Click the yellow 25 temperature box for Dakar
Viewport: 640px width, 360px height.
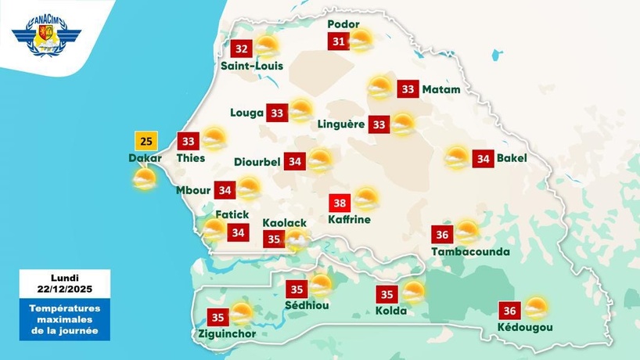click(146, 142)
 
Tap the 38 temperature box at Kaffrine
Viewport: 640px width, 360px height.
click(340, 202)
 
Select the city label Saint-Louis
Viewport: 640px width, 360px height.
click(251, 66)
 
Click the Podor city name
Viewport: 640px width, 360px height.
click(343, 24)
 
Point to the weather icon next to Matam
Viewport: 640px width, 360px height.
click(380, 88)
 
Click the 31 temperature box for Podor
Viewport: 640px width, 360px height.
click(338, 41)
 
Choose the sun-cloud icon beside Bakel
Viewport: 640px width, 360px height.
click(457, 158)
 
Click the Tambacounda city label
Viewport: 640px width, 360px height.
click(470, 252)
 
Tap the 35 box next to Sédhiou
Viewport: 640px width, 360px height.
click(297, 289)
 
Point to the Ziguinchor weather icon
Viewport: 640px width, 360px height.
click(241, 315)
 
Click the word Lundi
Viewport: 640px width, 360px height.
click(65, 278)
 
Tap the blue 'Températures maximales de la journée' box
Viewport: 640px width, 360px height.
click(65, 321)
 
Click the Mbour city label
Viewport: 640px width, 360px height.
click(192, 190)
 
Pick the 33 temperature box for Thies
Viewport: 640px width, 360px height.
click(189, 142)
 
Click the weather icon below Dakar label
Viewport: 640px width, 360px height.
click(144, 180)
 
